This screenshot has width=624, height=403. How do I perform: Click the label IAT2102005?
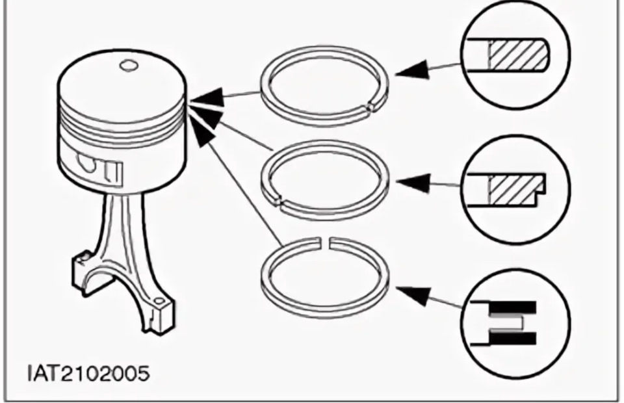pos(88,374)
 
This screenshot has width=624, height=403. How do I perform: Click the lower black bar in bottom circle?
pos(513,338)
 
